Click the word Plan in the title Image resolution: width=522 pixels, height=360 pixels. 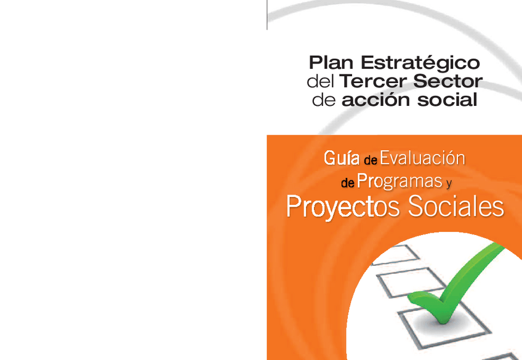click(332, 63)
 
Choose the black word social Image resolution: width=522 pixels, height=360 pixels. click(447, 100)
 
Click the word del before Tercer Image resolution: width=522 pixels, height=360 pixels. click(320, 82)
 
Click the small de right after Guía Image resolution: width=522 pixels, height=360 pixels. click(369, 161)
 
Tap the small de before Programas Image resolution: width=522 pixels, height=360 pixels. click(347, 183)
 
